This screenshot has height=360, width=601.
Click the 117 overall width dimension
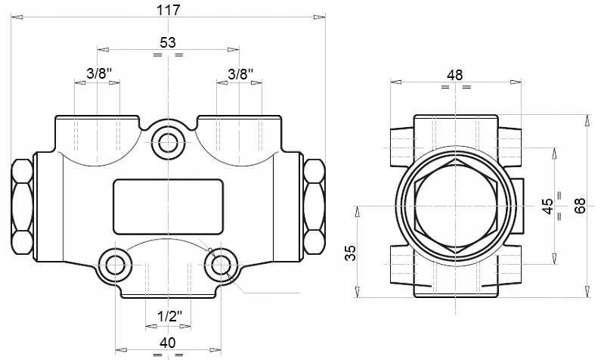(168, 10)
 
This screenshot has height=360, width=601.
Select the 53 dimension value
(168, 42)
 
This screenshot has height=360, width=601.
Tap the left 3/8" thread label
(99, 73)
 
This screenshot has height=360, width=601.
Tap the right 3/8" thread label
(240, 73)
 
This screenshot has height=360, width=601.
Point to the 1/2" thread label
(170, 316)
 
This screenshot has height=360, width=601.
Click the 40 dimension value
(168, 342)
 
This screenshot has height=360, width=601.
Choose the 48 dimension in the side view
(455, 74)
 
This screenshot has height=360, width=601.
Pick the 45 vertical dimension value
(549, 206)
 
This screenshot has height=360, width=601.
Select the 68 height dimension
(580, 206)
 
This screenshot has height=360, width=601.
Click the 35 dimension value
(350, 253)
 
